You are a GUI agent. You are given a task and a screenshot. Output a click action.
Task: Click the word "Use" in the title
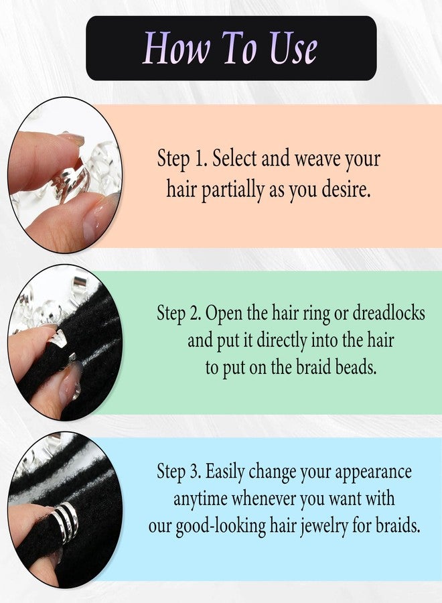[293, 48]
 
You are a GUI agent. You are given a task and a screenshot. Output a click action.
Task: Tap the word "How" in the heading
[176, 48]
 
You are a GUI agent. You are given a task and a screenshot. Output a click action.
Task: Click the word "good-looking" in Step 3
[220, 527]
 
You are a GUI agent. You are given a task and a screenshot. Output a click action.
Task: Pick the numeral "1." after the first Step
[202, 158]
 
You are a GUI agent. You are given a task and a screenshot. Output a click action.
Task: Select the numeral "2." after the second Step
[196, 314]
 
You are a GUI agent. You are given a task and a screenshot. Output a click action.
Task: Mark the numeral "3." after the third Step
[196, 472]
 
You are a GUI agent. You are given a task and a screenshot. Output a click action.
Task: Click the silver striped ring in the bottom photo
[66, 521]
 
